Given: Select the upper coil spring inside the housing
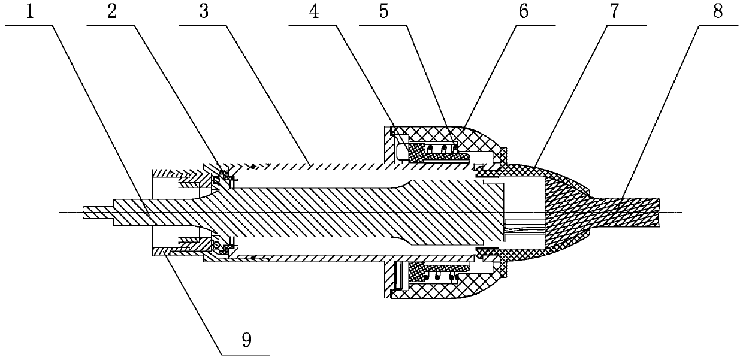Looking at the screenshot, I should pyautogui.click(x=440, y=148).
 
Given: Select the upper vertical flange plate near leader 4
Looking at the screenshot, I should pyautogui.click(x=387, y=149).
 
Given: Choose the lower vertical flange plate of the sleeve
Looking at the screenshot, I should pyautogui.click(x=387, y=275).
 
